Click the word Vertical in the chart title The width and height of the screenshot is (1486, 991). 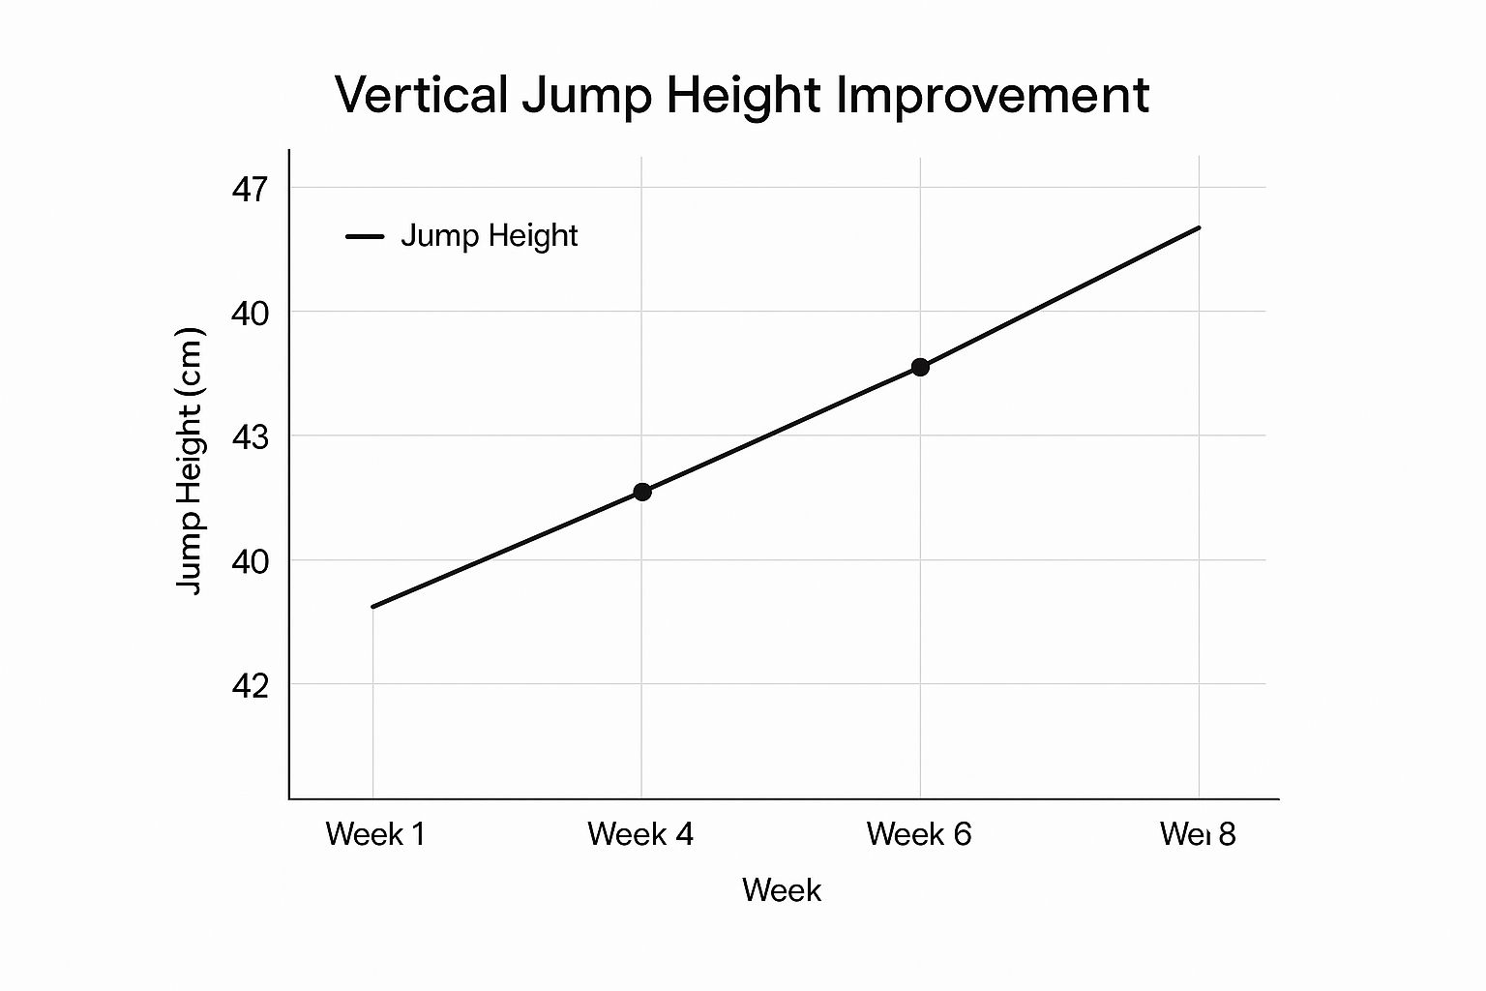(x=421, y=95)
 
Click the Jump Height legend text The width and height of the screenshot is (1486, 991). (x=489, y=235)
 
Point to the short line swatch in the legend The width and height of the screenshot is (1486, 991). (x=365, y=236)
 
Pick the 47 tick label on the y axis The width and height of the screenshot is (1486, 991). (x=249, y=189)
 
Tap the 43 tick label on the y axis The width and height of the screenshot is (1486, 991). (x=249, y=437)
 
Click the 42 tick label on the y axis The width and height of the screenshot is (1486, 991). (x=249, y=685)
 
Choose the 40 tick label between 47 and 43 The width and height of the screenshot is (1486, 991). (x=249, y=313)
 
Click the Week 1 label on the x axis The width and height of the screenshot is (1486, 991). (x=375, y=834)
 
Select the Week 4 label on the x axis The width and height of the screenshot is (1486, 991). (x=640, y=834)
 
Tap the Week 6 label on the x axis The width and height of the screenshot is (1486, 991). (x=919, y=834)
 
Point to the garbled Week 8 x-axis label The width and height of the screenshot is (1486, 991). (x=1198, y=834)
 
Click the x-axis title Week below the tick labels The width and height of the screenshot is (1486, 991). (x=782, y=890)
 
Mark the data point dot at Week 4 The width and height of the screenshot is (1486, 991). (x=641, y=492)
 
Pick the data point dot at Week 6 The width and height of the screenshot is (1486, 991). (x=920, y=367)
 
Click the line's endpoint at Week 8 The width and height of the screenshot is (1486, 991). (x=1199, y=227)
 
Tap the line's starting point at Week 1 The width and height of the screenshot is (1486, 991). (x=373, y=607)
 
